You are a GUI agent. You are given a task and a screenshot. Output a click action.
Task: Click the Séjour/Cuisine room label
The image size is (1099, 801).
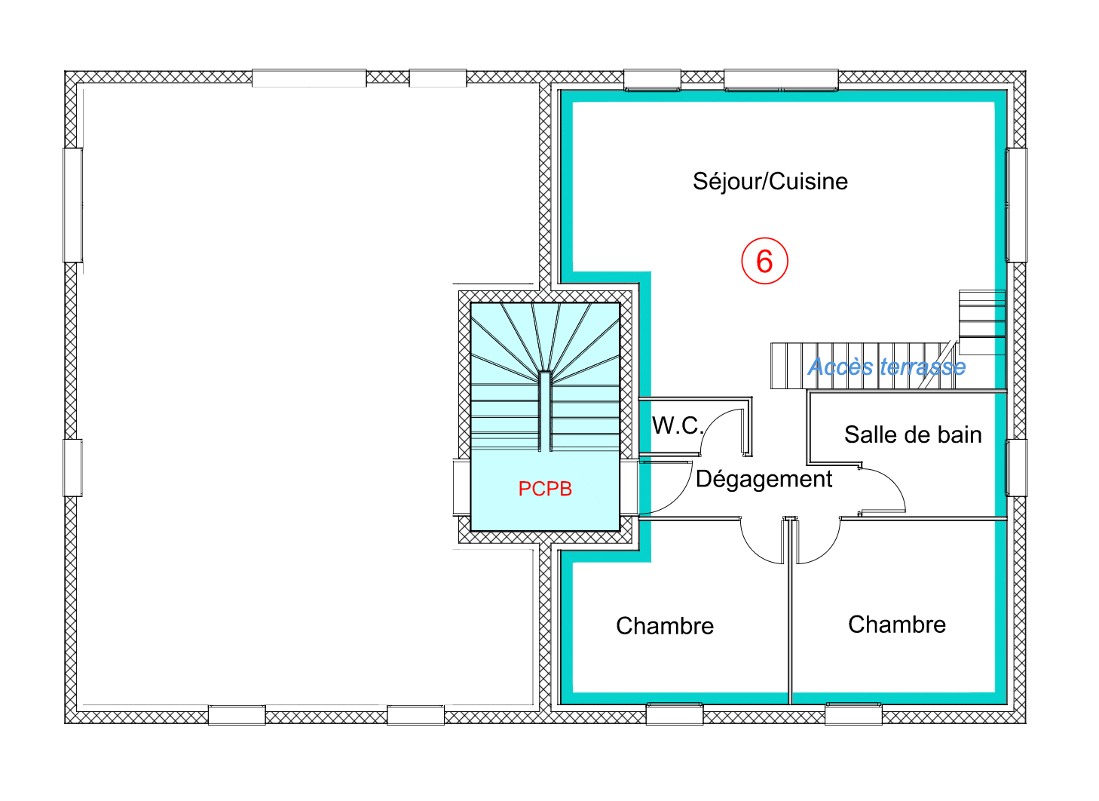770,182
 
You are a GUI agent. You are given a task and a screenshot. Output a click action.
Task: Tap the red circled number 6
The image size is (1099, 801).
764,262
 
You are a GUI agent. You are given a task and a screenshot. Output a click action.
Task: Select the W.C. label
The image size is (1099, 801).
677,426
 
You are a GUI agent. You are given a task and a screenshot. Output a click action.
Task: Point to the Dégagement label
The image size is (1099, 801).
764,479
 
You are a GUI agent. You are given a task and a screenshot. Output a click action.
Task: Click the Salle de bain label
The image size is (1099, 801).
912,435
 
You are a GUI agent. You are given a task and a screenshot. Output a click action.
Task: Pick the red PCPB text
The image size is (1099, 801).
545,489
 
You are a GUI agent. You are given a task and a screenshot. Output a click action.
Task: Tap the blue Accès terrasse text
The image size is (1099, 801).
886,367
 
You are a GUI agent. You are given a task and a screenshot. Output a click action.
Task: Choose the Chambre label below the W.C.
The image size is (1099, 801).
664,626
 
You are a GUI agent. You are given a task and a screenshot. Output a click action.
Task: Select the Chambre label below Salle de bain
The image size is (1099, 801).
896,625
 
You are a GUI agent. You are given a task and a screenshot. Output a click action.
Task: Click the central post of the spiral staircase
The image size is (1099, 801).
544,411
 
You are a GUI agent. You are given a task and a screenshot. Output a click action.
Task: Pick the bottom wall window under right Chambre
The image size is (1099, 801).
853,714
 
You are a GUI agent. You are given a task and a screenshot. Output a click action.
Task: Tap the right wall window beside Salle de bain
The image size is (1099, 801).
1017,468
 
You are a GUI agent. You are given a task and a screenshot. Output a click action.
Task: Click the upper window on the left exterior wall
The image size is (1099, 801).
72,205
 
